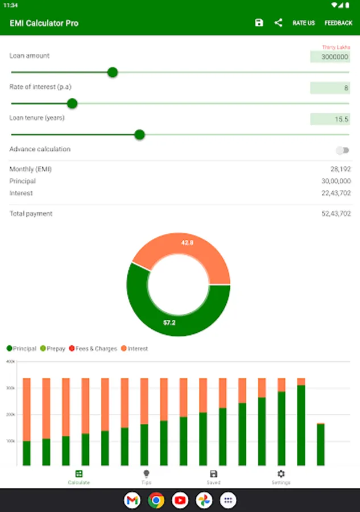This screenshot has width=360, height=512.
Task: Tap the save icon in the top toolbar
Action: click(259, 23)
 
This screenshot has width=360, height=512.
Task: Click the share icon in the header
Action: click(278, 23)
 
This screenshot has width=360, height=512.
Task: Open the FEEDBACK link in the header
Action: click(338, 23)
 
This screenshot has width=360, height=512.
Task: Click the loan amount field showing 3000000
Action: click(330, 57)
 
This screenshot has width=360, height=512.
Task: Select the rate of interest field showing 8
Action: click(330, 88)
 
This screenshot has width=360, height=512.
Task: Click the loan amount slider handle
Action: click(113, 72)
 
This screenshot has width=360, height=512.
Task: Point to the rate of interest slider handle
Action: click(72, 104)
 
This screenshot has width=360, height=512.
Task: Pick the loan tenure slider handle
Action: click(139, 135)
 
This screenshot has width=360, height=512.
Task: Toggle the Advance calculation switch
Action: click(342, 150)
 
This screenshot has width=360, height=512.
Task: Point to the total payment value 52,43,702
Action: click(336, 214)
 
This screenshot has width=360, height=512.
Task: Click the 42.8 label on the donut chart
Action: click(188, 243)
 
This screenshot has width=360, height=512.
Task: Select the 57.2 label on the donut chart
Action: click(169, 322)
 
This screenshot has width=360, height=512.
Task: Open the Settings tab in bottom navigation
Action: click(281, 477)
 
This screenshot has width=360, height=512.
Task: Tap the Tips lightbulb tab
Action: click(146, 477)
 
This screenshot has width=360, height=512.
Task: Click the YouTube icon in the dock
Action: click(180, 501)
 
